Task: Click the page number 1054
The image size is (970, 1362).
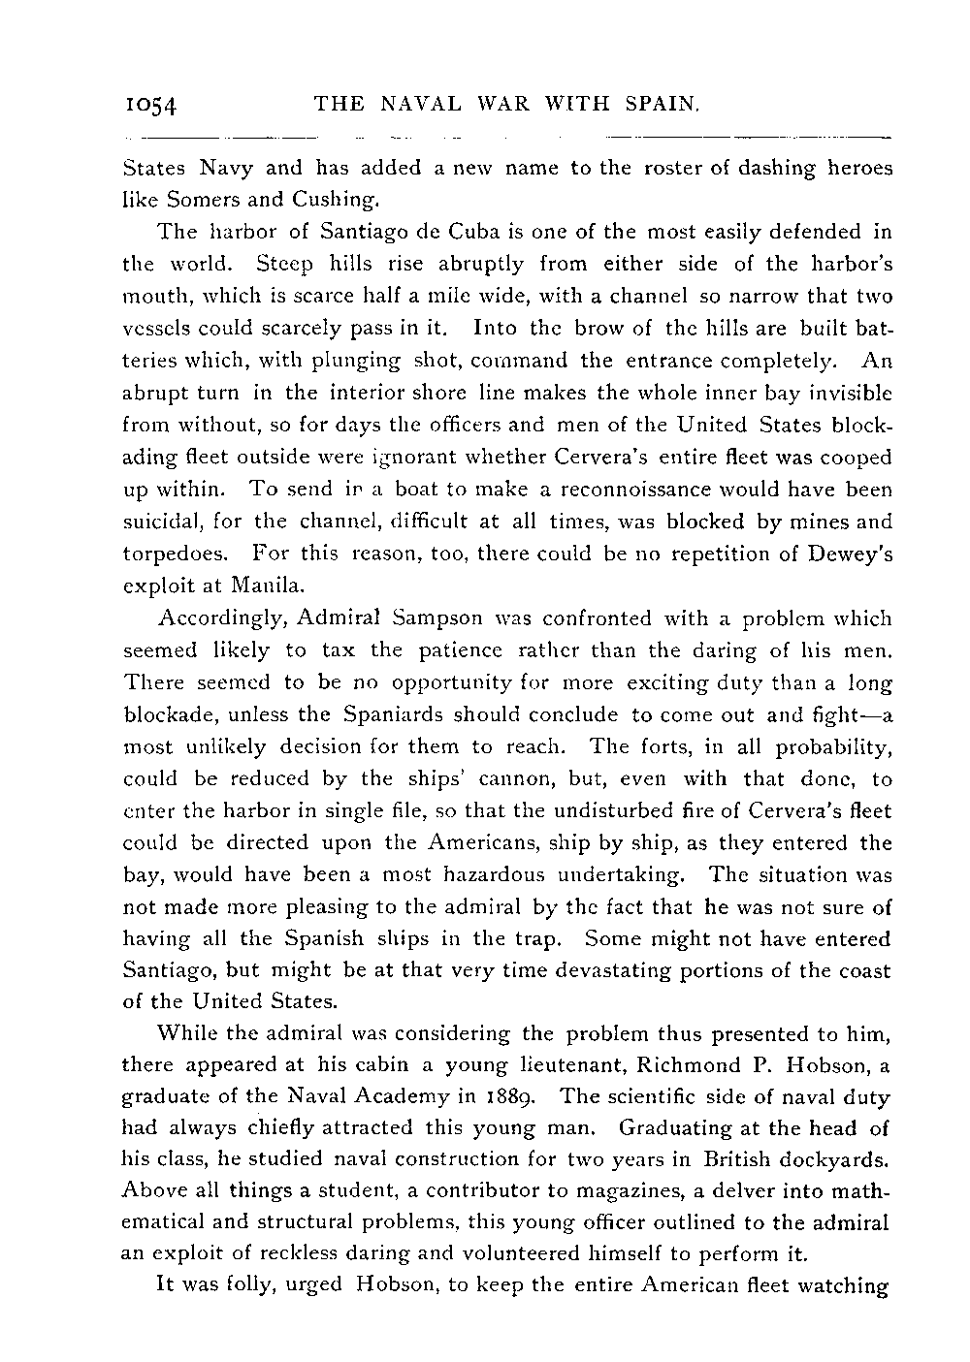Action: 154,103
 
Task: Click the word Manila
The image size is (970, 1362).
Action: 275,586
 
